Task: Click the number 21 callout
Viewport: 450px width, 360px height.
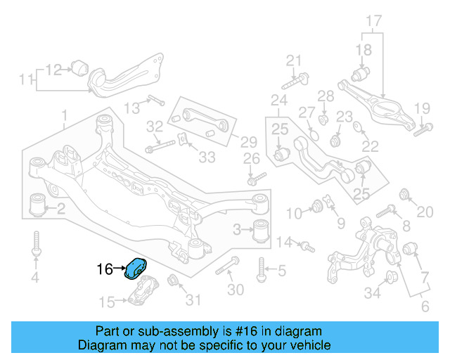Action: pos(292,60)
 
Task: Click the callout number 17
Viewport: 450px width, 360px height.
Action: pos(373,20)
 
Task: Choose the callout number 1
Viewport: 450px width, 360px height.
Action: pos(64,115)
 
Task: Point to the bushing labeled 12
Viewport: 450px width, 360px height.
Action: pos(79,67)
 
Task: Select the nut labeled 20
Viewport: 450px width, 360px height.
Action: pos(404,193)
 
